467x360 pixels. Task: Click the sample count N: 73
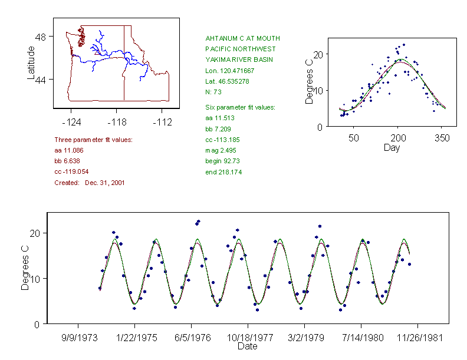213,91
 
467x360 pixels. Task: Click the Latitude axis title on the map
31,62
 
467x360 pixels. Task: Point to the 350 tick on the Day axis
442,138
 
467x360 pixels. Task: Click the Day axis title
392,147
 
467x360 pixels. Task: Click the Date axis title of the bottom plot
247,346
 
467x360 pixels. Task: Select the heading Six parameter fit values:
240,107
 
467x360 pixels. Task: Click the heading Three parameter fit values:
93,140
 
